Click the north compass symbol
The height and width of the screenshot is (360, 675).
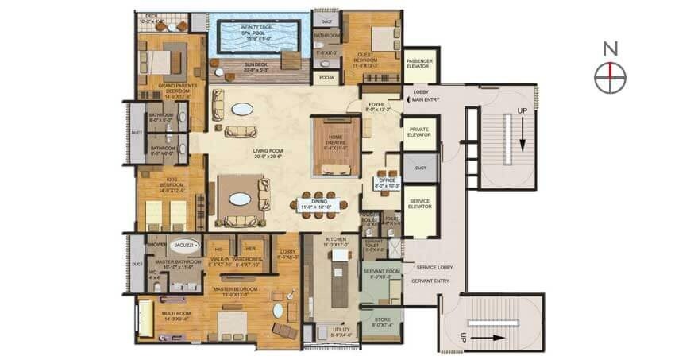[610, 78]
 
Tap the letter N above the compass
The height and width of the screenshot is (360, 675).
[610, 48]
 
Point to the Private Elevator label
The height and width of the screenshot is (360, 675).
[418, 132]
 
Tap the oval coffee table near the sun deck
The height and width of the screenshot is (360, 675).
[243, 109]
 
